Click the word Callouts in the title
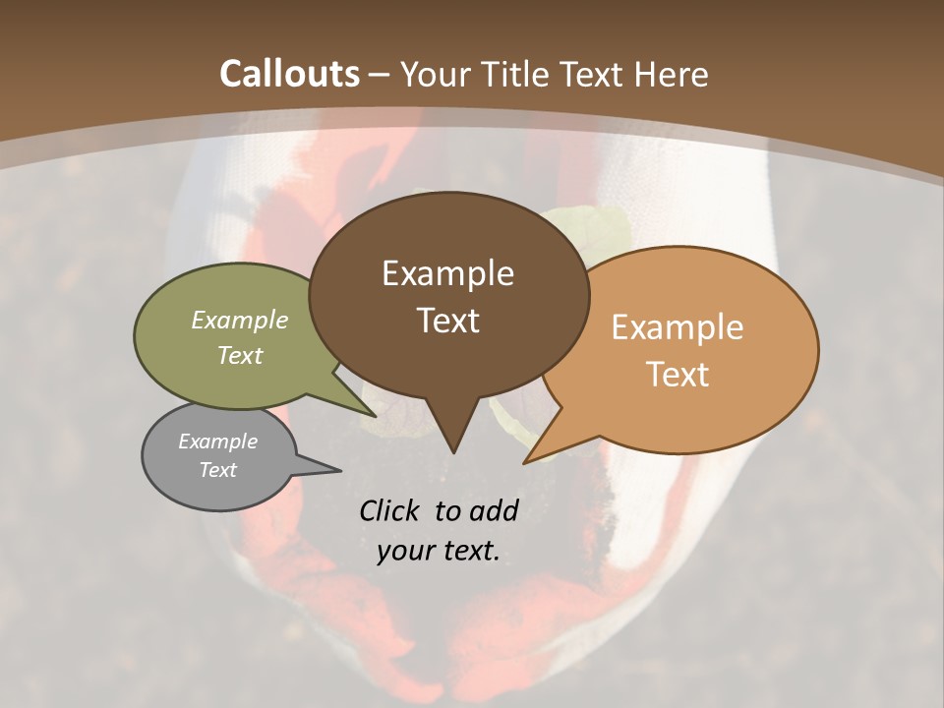[x=289, y=74]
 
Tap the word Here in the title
[x=671, y=74]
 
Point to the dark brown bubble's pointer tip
[x=453, y=451]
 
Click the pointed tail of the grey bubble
[x=338, y=470]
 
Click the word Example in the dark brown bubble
[x=448, y=273]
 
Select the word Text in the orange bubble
[x=677, y=375]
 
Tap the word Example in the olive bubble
[x=240, y=321]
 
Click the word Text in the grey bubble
[x=218, y=470]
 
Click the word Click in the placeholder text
[x=392, y=510]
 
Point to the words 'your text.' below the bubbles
[x=439, y=551]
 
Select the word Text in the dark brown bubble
[x=448, y=321]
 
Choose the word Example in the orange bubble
[x=677, y=327]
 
